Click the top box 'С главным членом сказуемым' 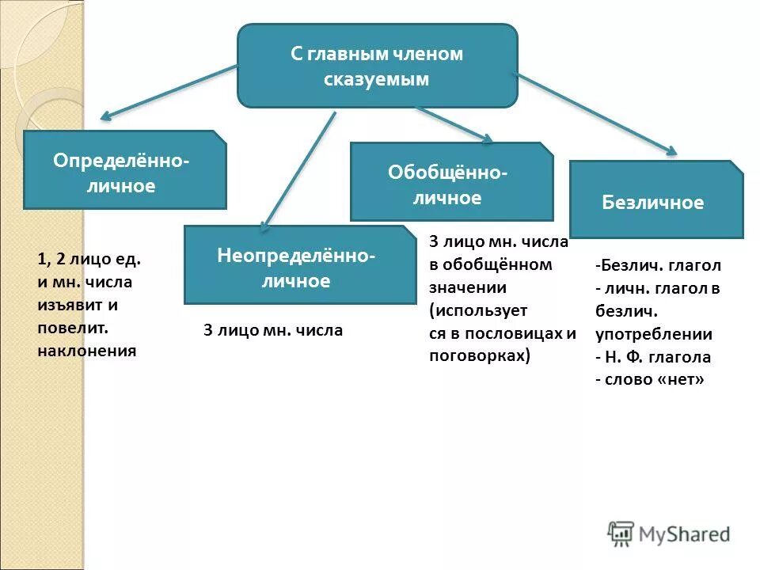[x=378, y=66]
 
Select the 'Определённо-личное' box [x=124, y=170]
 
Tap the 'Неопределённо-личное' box [x=299, y=265]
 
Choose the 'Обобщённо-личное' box [x=451, y=182]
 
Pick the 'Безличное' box [x=655, y=200]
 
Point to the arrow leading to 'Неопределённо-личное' [x=298, y=170]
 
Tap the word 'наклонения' [x=87, y=349]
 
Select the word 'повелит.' [x=72, y=327]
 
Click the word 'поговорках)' [x=480, y=355]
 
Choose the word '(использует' [x=478, y=310]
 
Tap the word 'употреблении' [x=654, y=334]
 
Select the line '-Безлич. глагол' [x=658, y=265]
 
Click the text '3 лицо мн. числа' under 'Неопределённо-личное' [x=273, y=330]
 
